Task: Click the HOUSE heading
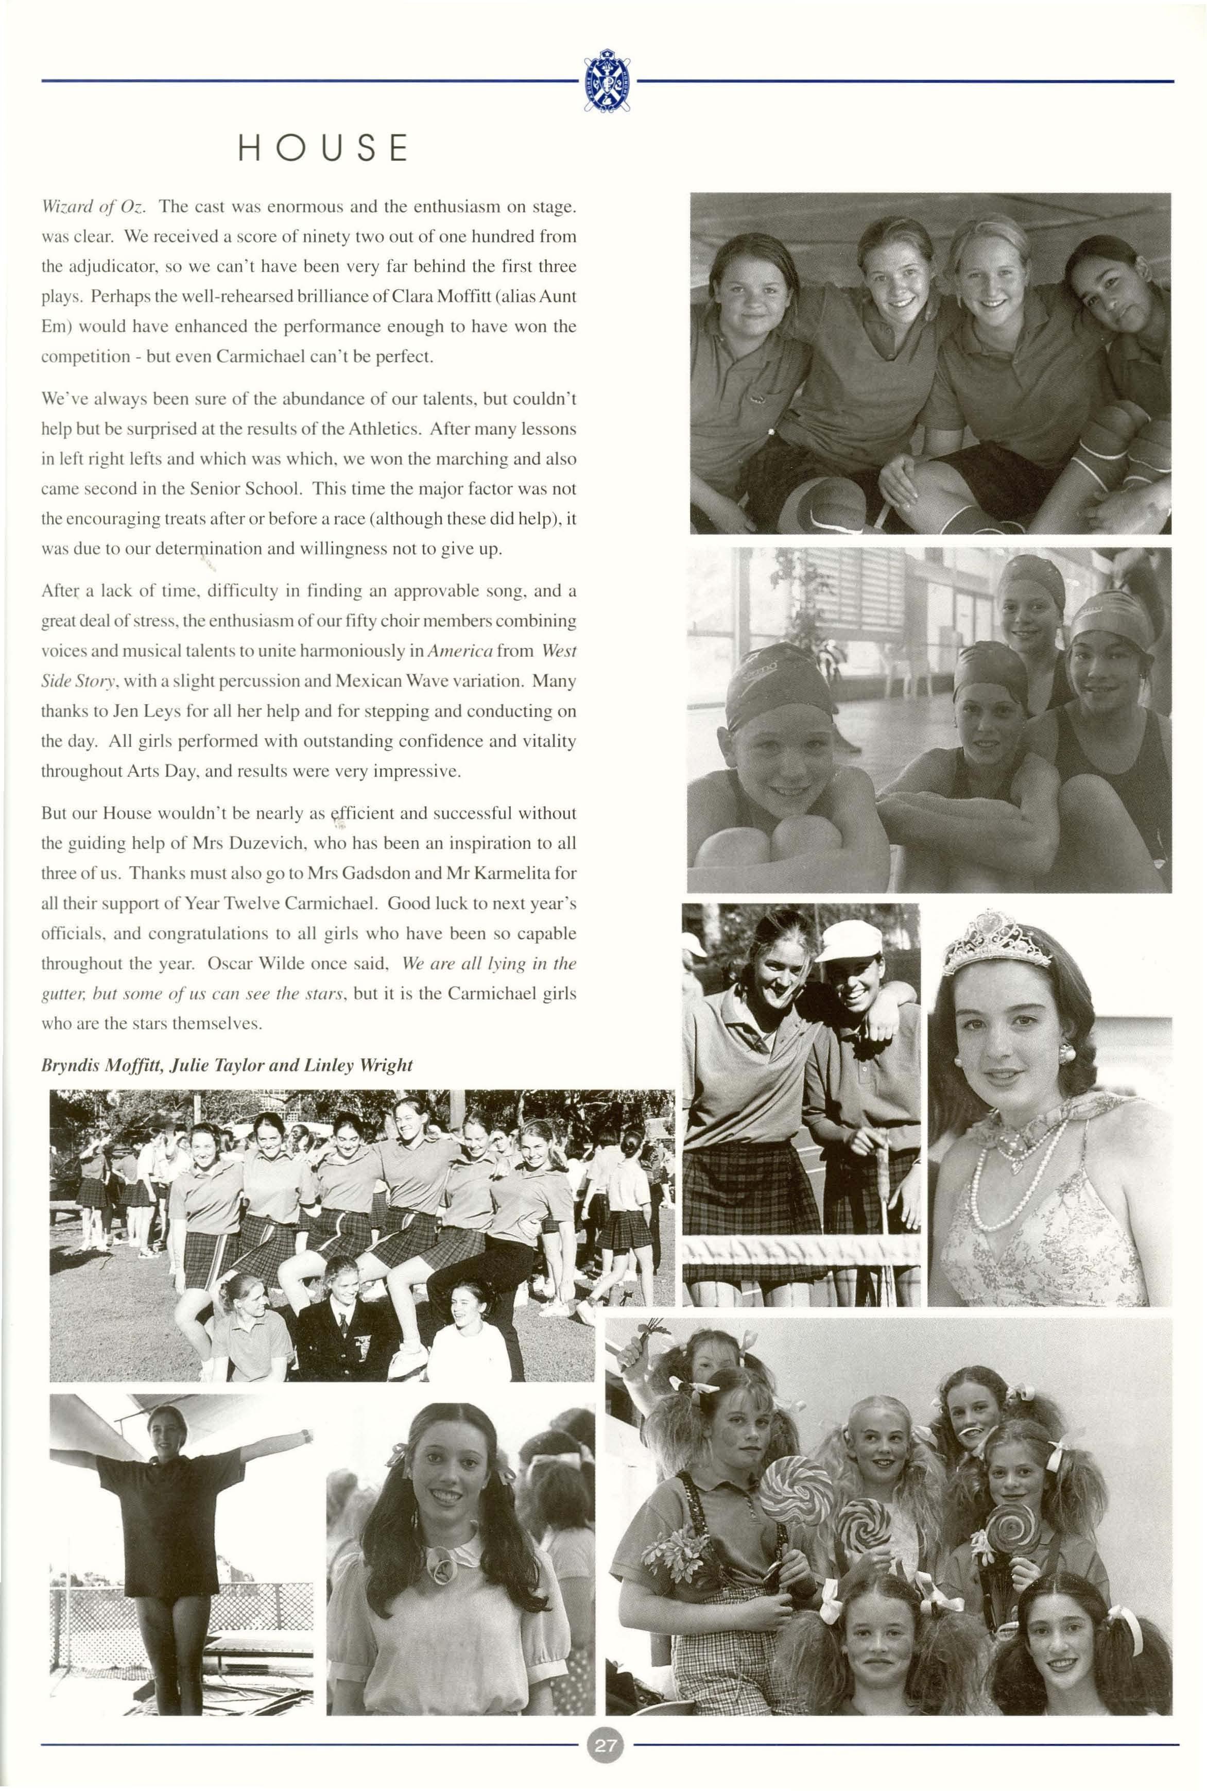point(322,148)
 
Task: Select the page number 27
point(605,1744)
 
